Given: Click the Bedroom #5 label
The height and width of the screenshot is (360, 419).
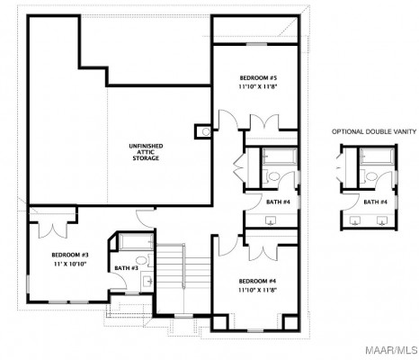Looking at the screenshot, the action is [258, 78].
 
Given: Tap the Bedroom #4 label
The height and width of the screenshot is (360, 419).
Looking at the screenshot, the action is [257, 281].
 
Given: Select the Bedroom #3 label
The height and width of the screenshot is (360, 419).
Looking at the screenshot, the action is [70, 255].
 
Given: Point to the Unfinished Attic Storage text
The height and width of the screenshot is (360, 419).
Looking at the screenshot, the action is [146, 152].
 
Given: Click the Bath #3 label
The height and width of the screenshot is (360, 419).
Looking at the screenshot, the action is [126, 268].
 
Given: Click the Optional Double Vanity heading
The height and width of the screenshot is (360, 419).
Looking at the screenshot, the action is [374, 131].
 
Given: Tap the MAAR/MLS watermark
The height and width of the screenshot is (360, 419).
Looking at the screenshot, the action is [391, 350].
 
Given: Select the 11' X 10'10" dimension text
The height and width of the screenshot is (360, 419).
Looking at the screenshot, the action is [70, 264].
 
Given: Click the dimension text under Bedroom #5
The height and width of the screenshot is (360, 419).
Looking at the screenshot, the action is [258, 87].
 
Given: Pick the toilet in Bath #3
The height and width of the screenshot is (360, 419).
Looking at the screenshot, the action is [143, 260].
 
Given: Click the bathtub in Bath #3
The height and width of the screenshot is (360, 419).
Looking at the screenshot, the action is [137, 242].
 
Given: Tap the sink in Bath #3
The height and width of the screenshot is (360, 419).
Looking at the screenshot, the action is [147, 281].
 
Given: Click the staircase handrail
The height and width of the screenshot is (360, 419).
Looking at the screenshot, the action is [183, 266].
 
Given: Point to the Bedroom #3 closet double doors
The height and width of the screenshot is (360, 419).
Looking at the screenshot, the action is [53, 230].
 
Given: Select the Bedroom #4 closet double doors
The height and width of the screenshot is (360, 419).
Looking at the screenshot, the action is [263, 252].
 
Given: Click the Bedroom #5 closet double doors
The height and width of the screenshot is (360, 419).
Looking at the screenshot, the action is [264, 121].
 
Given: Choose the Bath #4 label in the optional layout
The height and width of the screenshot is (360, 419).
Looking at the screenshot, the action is [375, 202].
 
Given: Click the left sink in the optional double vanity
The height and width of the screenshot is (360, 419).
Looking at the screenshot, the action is [355, 220].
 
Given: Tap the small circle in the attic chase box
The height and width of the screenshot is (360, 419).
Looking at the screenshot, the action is [206, 131].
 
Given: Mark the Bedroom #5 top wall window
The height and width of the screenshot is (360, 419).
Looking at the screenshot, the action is [256, 44].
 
